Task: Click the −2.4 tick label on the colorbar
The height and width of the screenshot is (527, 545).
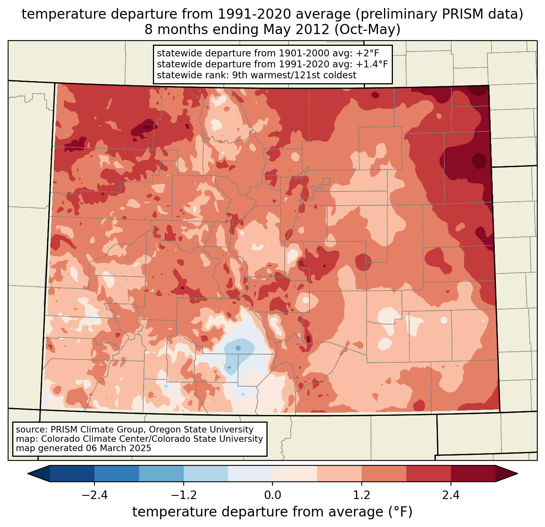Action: point(94,495)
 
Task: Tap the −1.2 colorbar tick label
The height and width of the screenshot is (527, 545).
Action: point(183,495)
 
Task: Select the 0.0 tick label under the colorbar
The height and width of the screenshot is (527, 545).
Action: point(272,495)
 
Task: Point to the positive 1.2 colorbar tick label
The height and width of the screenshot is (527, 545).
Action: point(362,495)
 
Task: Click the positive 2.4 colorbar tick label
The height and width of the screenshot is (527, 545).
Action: point(451,495)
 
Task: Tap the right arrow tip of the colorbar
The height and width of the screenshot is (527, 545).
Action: point(516,473)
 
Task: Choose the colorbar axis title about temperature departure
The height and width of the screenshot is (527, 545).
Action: point(272,512)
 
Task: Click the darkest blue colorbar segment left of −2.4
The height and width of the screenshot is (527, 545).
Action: point(72,473)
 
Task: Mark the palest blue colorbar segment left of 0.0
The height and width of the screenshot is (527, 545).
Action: point(250,473)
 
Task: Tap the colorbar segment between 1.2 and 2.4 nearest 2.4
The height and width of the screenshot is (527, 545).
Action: point(429,473)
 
